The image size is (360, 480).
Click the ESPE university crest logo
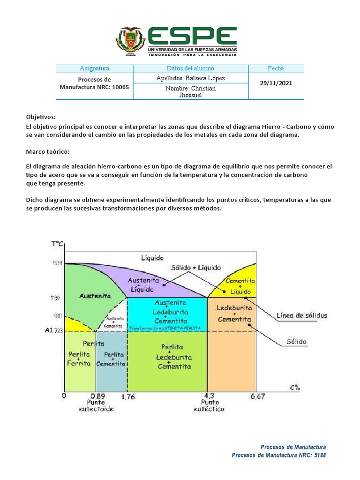[x=131, y=42]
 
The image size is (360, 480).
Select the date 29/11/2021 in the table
[x=276, y=83]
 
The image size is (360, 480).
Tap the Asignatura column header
[x=94, y=68]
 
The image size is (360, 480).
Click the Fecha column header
[x=276, y=68]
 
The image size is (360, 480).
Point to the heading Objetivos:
[x=40, y=117]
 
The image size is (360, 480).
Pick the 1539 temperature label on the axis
[x=57, y=263]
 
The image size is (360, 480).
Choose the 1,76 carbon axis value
[x=128, y=397]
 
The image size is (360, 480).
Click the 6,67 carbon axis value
[x=257, y=397]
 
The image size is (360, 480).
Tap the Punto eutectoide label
[x=96, y=405]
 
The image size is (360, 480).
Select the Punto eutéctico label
[x=209, y=405]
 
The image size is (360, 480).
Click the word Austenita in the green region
[x=95, y=296]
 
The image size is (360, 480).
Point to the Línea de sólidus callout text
[x=302, y=315]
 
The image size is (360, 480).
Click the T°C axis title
[x=58, y=243]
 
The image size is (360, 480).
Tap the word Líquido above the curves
[x=152, y=258]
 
